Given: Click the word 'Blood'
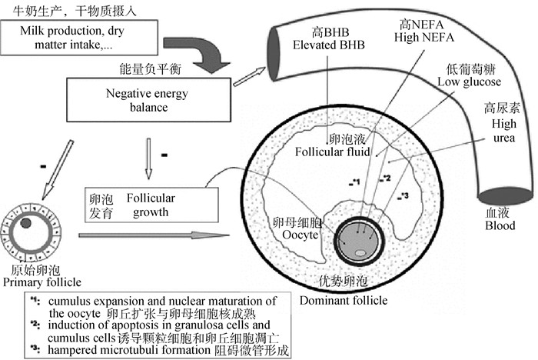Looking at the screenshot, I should click(x=500, y=225).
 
